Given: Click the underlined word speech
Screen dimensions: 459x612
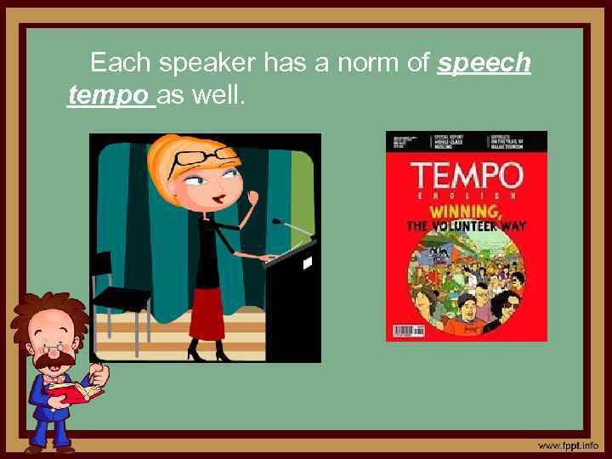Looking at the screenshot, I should click(484, 64).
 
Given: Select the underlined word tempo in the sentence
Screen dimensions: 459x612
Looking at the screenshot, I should click(108, 96).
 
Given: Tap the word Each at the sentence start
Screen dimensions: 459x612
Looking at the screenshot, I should click(121, 63).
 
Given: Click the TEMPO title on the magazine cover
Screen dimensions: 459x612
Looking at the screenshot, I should click(466, 177).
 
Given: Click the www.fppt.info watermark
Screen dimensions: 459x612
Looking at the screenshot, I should click(567, 445).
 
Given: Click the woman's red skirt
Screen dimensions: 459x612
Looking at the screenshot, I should click(207, 312).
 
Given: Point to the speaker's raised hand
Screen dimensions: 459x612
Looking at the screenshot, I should click(252, 201).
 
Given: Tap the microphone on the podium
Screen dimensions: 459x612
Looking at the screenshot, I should click(278, 221).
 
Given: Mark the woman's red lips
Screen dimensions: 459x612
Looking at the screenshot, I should click(218, 198).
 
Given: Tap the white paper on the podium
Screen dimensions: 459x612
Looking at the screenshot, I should click(307, 263).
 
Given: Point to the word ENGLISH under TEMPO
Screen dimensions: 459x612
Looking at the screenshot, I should click(466, 195).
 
